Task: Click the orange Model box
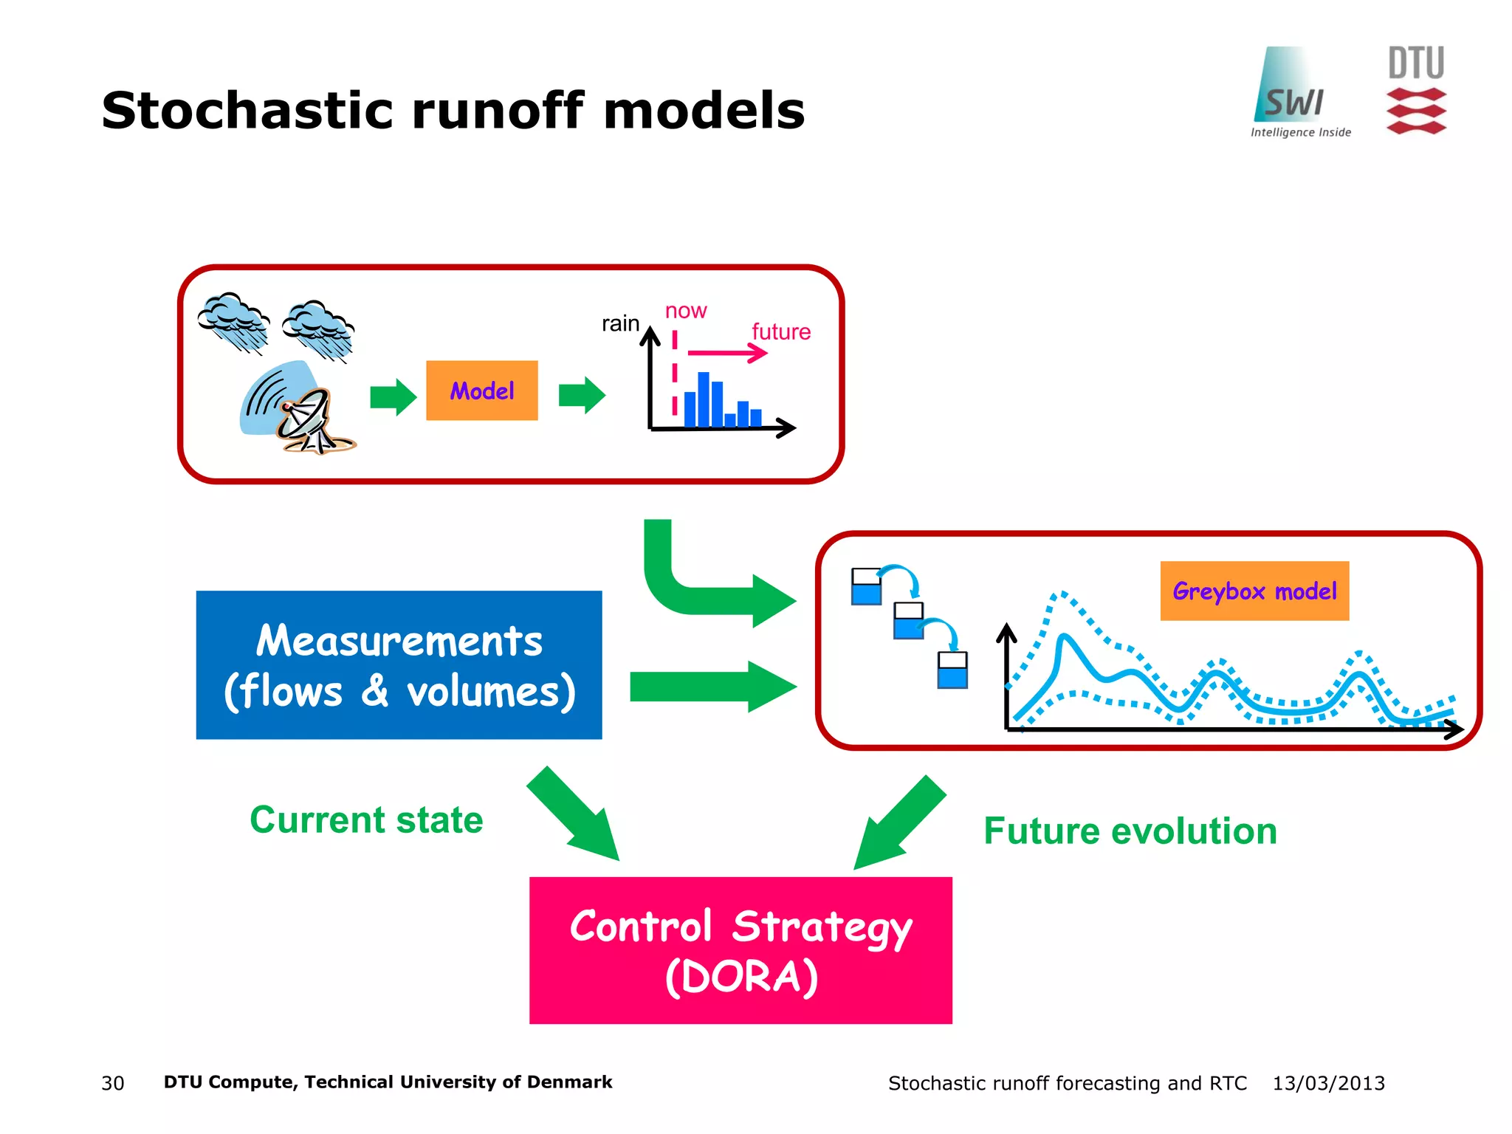[x=481, y=391]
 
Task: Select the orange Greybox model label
[x=1254, y=591]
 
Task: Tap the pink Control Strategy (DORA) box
[x=740, y=950]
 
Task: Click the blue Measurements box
[x=399, y=664]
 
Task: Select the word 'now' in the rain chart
[x=686, y=311]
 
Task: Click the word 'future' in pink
[x=781, y=332]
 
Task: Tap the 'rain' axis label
[x=620, y=323]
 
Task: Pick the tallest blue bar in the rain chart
[x=704, y=399]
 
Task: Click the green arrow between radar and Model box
[x=393, y=397]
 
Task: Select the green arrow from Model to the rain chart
[x=582, y=396]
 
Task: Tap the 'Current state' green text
[x=366, y=819]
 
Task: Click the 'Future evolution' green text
[x=1130, y=831]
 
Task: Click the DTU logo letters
[x=1415, y=63]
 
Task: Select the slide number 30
[x=113, y=1083]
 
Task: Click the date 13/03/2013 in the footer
[x=1328, y=1083]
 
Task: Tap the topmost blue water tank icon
[x=866, y=587]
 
